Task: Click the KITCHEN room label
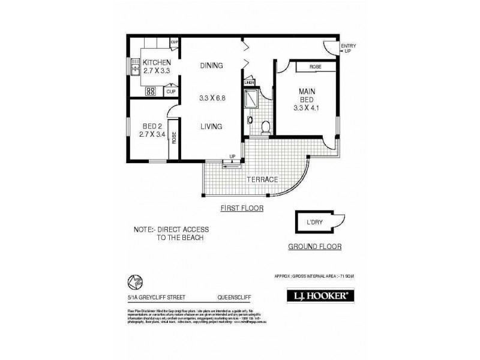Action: click(157, 62)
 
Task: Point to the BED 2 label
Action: click(152, 126)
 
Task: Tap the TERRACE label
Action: click(263, 179)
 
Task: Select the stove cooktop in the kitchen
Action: click(151, 92)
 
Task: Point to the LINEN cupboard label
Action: click(250, 82)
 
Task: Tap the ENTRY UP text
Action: click(347, 49)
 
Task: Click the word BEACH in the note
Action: click(191, 238)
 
